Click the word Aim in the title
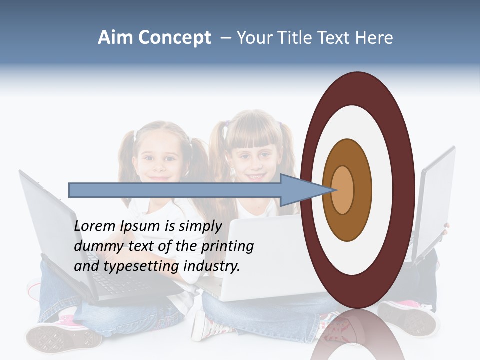(115, 38)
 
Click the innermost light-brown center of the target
(342, 190)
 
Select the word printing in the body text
(227, 246)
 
